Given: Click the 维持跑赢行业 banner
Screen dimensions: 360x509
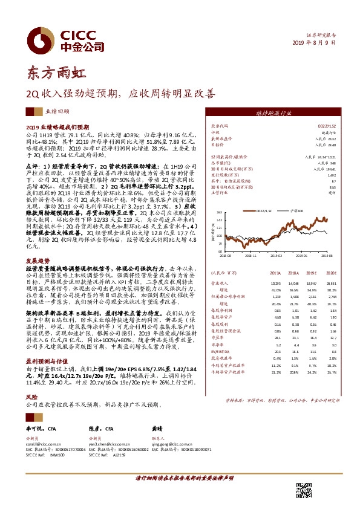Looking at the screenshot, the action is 276,113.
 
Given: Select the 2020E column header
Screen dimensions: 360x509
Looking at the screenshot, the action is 330,273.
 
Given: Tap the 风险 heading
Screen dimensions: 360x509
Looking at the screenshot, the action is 31,397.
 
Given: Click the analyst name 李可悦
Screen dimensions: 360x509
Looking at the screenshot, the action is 35,428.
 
